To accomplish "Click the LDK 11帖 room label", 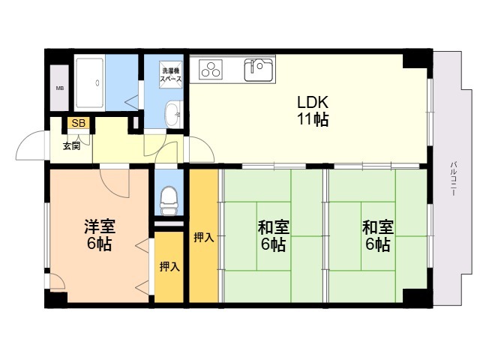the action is (x=313, y=111).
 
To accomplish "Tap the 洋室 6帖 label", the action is (x=100, y=235).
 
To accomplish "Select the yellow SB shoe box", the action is (x=78, y=123).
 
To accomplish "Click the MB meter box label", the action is (x=60, y=88).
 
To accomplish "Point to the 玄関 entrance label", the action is (x=72, y=146).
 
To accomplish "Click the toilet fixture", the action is (x=168, y=200).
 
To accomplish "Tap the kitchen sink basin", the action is (x=258, y=69).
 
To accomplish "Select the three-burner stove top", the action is (x=211, y=69).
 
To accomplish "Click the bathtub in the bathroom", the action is (x=90, y=82).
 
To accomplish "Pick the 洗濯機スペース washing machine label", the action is (x=172, y=75).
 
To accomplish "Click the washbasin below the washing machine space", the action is (x=174, y=114).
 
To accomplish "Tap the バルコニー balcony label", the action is (x=454, y=178).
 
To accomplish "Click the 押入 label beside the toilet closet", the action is (x=169, y=267).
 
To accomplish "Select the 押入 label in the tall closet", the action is (x=203, y=238).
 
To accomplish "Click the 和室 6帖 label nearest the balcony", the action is (x=378, y=235).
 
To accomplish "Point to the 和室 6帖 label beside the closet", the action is (x=273, y=235).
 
